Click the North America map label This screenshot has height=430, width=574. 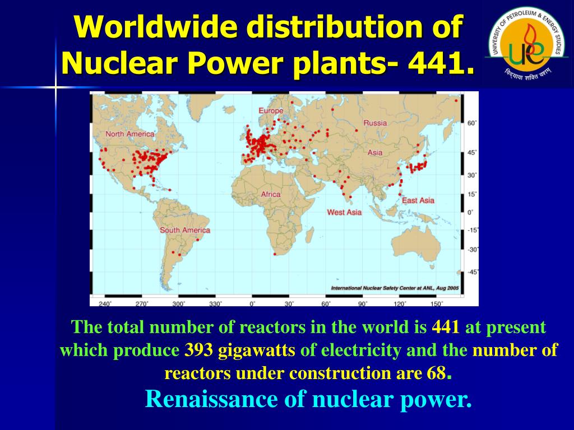pos(129,134)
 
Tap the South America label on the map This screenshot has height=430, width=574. pos(185,230)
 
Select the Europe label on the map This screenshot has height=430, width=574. pos(271,111)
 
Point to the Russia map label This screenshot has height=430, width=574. pos(375,123)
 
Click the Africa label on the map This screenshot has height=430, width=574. pos(271,194)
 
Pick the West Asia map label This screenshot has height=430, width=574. pos(344,212)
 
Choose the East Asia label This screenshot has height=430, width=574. pos(418,200)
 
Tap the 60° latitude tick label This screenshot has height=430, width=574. pos(472,123)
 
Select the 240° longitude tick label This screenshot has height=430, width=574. pos(105,303)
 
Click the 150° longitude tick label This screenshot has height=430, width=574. pos(436,303)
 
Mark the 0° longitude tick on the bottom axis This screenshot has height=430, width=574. pos(253,303)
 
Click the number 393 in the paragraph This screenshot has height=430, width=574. pos(200,351)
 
